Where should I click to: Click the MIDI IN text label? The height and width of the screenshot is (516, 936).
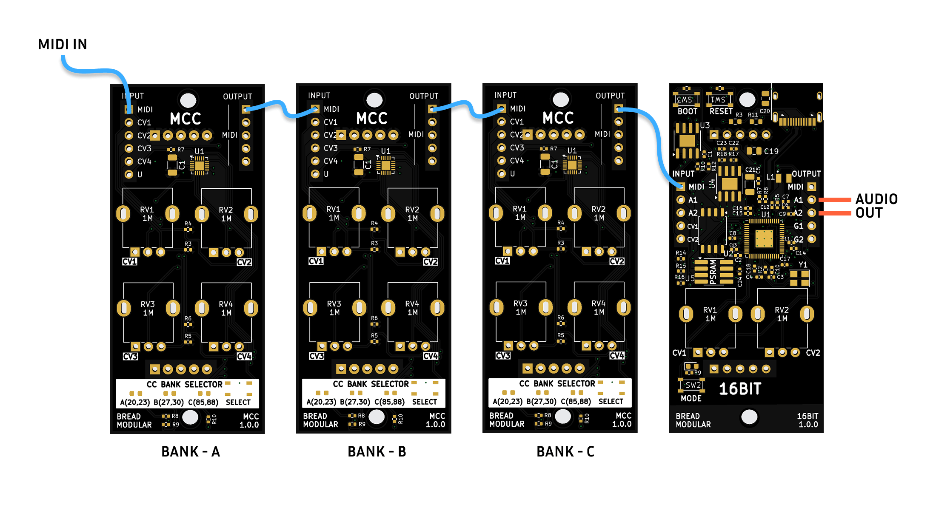click(62, 44)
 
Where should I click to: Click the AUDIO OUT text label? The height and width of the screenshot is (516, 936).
click(876, 206)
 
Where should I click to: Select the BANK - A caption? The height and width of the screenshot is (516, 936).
click(190, 451)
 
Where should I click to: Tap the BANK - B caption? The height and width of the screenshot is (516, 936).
click(377, 451)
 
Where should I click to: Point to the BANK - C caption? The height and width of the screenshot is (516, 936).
click(565, 451)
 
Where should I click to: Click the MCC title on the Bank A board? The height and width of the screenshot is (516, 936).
click(185, 119)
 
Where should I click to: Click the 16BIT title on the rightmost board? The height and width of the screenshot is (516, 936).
click(740, 388)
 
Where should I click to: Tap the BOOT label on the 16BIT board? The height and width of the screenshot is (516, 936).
click(687, 111)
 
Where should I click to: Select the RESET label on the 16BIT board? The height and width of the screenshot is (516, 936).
click(721, 111)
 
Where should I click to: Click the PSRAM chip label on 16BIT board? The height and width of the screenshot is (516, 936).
click(713, 272)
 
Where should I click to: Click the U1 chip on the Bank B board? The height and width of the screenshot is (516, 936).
click(385, 165)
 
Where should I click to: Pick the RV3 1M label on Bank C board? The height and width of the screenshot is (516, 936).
click(520, 307)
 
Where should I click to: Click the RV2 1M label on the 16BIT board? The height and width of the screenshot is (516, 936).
click(782, 314)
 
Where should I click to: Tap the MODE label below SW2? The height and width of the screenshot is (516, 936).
click(691, 398)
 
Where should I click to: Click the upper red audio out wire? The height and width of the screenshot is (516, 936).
click(834, 199)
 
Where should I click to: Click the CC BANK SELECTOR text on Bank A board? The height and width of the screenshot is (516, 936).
click(184, 384)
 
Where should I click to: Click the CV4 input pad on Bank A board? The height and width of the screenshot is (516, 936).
click(129, 162)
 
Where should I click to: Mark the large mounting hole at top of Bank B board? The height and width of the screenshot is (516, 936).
click(374, 100)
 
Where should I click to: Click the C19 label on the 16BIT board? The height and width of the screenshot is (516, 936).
click(771, 151)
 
